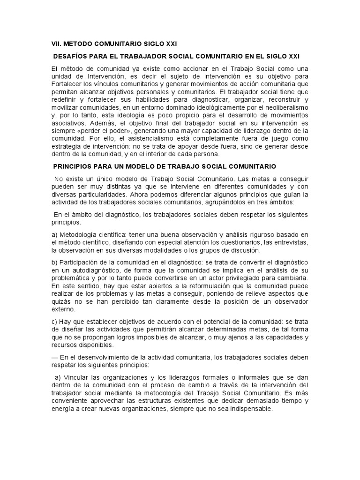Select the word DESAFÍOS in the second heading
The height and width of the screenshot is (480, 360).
point(71,56)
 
